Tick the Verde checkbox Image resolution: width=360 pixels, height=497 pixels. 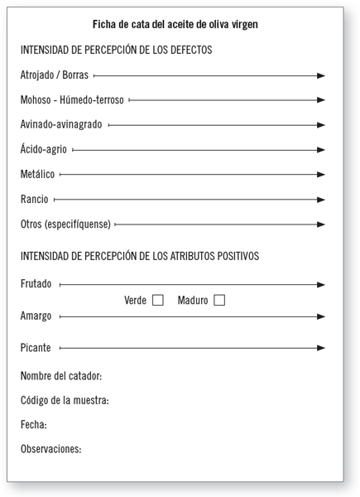(158, 301)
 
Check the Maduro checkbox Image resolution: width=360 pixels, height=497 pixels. (219, 301)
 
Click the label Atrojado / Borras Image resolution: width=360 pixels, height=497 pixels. (54, 75)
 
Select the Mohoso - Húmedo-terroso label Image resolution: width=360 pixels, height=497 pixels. (72, 100)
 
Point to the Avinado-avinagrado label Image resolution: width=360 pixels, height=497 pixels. (61, 125)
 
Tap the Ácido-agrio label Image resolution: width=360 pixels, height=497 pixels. (44, 150)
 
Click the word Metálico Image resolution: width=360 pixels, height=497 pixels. (37, 175)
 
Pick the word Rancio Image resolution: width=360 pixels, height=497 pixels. (34, 200)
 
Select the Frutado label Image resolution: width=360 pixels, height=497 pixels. (36, 284)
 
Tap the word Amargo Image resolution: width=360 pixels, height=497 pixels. (36, 316)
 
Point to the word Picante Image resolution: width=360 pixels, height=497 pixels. (35, 348)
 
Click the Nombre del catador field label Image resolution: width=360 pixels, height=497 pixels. (60, 377)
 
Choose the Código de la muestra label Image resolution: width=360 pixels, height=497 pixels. (65, 401)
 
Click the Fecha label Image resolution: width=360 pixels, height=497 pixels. (33, 425)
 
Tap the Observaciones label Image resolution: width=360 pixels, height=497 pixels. (50, 449)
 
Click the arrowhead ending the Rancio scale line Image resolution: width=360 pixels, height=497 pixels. (320, 200)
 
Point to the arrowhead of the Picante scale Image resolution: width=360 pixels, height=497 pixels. (320, 348)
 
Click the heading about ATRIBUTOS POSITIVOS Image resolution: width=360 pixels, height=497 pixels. (140, 256)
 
